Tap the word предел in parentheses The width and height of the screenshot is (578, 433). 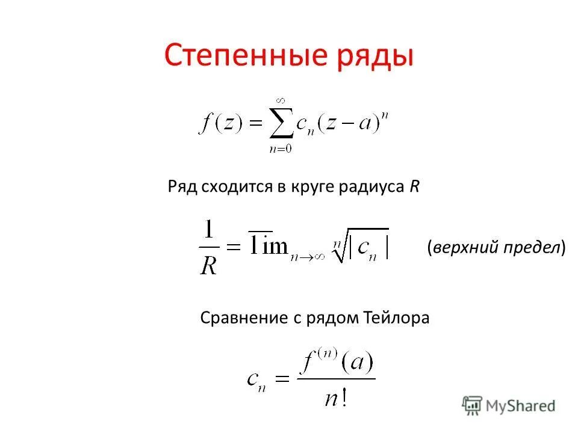click(531, 247)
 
